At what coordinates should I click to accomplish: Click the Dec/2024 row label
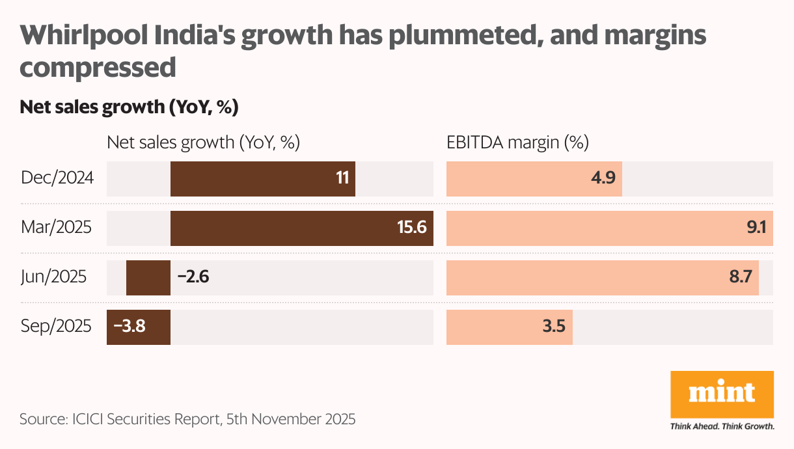pyautogui.click(x=57, y=178)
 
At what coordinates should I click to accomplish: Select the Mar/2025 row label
pyautogui.click(x=56, y=228)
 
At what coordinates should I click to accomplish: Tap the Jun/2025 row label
pyautogui.click(x=53, y=277)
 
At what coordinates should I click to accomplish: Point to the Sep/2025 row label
pyautogui.click(x=56, y=326)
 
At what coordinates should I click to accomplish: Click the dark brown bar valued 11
pyautogui.click(x=262, y=178)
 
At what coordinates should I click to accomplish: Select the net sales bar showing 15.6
pyautogui.click(x=301, y=228)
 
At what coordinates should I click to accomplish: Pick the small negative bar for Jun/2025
pyautogui.click(x=148, y=277)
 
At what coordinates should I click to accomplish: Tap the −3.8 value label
pyautogui.click(x=130, y=326)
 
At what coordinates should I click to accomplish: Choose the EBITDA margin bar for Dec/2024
pyautogui.click(x=534, y=178)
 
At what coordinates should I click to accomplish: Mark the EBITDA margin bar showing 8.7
pyautogui.click(x=602, y=277)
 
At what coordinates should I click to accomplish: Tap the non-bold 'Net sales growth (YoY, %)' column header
pyautogui.click(x=203, y=143)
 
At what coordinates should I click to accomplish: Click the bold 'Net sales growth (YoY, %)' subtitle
pyautogui.click(x=129, y=107)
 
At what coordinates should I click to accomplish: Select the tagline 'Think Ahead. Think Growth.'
pyautogui.click(x=722, y=427)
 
